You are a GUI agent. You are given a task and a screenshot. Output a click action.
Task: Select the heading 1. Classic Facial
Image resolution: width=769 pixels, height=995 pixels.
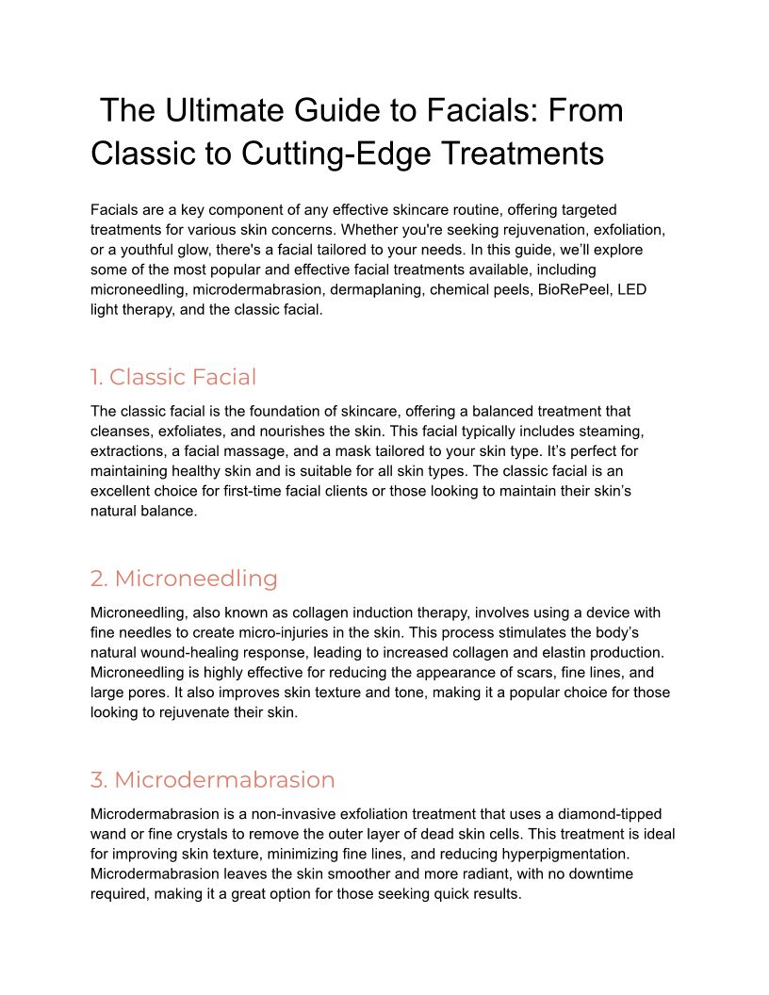(173, 377)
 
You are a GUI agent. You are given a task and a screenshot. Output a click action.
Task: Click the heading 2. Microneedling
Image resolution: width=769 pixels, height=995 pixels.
(184, 578)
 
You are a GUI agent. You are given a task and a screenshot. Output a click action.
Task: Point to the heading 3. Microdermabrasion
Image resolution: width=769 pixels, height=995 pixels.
(213, 779)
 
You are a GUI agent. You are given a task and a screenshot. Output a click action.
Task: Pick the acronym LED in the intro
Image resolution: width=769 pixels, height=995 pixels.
(631, 290)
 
